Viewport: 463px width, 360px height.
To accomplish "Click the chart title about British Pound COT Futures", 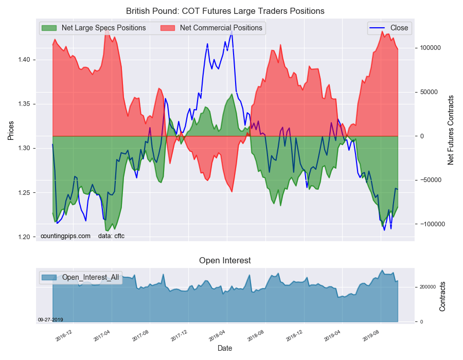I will (225, 11).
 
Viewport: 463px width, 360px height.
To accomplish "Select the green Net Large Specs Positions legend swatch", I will (50, 28).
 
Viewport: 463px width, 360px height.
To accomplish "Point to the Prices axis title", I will (11, 131).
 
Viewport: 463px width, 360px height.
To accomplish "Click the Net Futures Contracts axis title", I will (451, 130).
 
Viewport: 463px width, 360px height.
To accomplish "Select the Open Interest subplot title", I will (225, 261).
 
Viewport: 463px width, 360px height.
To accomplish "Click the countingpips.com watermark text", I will (65, 236).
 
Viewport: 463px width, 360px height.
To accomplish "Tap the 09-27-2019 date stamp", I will (50, 319).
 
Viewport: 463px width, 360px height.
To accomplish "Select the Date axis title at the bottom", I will (225, 348).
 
